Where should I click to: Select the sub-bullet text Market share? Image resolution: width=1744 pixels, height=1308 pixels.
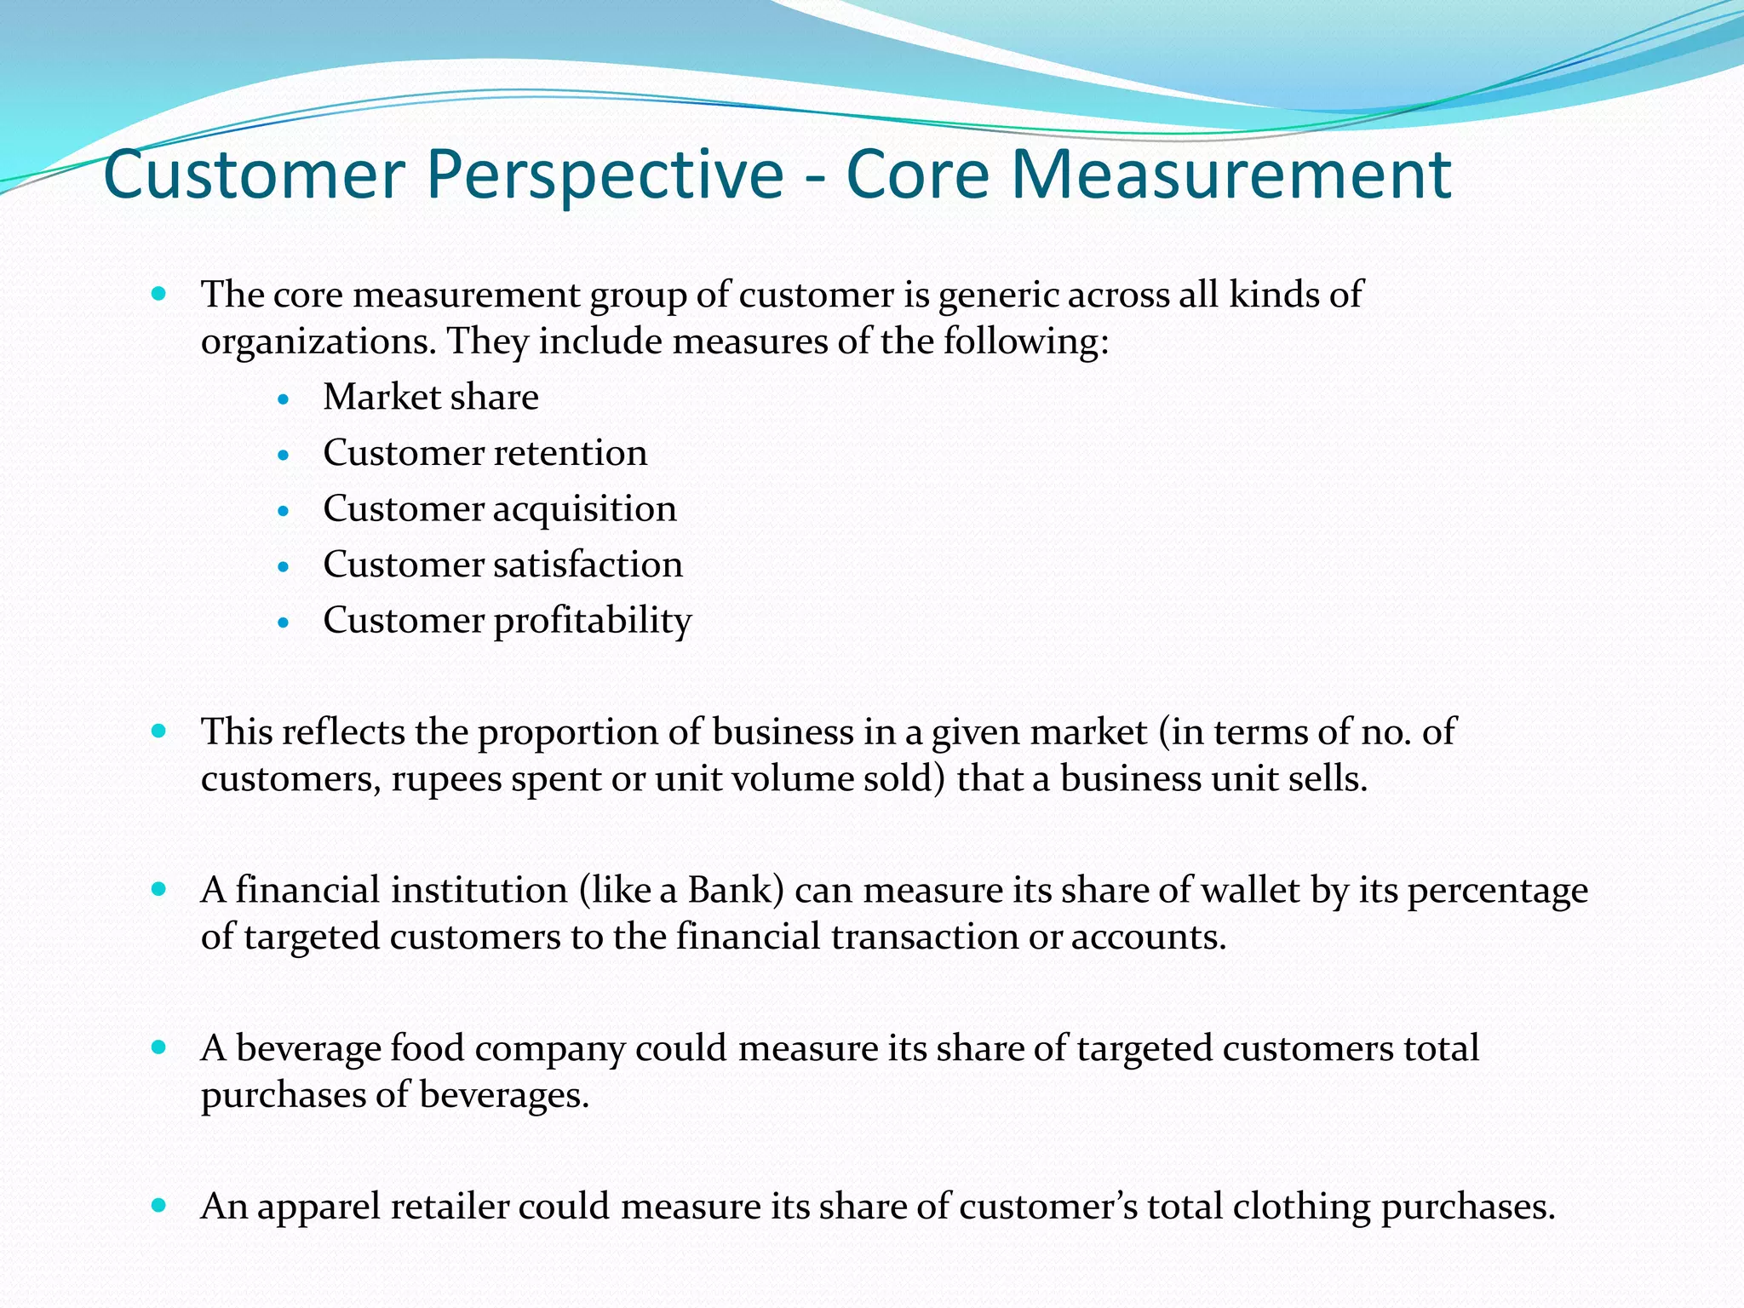click(x=431, y=398)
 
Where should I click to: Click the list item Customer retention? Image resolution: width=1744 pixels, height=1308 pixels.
click(x=485, y=453)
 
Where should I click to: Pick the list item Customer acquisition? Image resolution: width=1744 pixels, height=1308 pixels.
click(x=500, y=509)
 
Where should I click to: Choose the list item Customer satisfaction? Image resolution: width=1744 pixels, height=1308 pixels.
click(x=502, y=565)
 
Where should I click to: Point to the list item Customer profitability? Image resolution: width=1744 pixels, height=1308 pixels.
click(x=507, y=621)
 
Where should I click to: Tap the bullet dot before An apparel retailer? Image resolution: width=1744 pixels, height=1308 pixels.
click(x=158, y=1205)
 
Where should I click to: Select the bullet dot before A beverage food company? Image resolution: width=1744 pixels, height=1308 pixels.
click(x=158, y=1047)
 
